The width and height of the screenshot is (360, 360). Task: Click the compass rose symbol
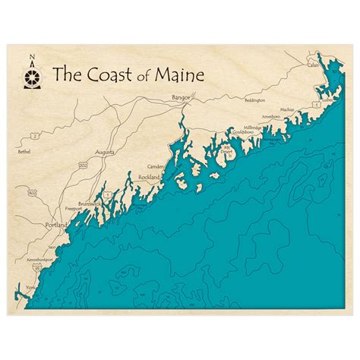click(x=32, y=75)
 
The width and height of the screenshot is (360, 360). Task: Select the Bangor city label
click(x=181, y=98)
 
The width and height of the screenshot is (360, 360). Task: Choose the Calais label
click(x=313, y=65)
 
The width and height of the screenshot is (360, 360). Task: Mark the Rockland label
click(x=149, y=176)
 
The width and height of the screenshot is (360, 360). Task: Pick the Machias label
click(x=286, y=109)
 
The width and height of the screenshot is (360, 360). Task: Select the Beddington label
click(x=255, y=100)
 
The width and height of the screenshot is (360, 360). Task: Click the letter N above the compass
click(x=32, y=57)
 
